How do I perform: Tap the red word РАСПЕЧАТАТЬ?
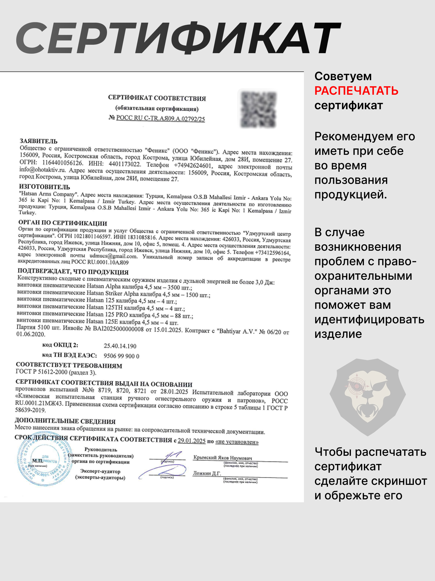coord(356,91)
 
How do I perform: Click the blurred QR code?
coord(258,109)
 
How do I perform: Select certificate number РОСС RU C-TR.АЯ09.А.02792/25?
coord(160,119)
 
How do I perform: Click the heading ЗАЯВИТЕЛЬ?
coord(39,141)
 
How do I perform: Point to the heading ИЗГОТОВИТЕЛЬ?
coord(44,187)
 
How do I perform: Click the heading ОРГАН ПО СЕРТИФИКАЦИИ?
coord(63,223)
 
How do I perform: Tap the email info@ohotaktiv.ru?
coord(42,170)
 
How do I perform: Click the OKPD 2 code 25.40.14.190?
coord(120,346)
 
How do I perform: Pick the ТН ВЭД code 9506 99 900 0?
coord(121,356)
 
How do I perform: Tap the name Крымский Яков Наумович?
coord(222,458)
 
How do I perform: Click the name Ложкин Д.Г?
coord(207,473)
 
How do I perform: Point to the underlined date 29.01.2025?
coord(191,441)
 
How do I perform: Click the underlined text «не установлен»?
coord(237,442)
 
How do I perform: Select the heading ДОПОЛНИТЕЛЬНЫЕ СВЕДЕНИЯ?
coord(65,421)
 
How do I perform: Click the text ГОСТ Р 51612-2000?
coord(41,372)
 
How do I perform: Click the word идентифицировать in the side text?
coord(369,320)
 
